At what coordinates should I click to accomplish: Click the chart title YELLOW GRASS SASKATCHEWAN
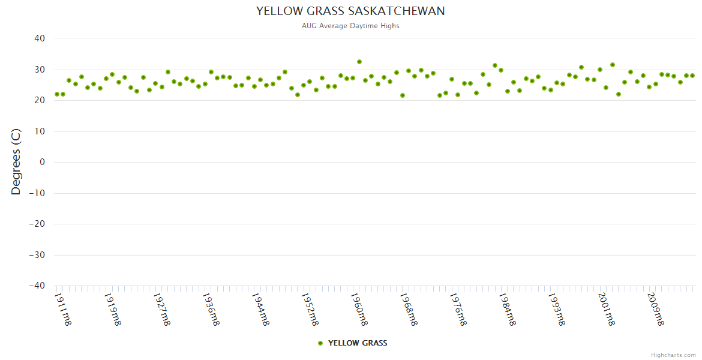click(x=350, y=11)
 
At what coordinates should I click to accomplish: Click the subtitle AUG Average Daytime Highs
click(x=350, y=26)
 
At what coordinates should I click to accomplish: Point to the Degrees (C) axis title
click(x=16, y=161)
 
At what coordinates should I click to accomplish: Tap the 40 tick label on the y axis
click(x=40, y=38)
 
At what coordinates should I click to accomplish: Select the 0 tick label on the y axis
click(x=42, y=162)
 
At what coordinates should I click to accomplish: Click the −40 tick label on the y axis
click(x=37, y=286)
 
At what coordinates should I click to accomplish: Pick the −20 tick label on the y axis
click(x=37, y=224)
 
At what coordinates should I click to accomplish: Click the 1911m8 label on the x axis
click(x=63, y=308)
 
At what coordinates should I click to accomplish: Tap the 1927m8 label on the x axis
click(x=162, y=308)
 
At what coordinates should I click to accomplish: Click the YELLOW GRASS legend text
click(x=358, y=343)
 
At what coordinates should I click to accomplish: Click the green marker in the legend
click(x=320, y=343)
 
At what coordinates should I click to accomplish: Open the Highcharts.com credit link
click(x=673, y=355)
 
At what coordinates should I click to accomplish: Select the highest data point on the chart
click(x=359, y=62)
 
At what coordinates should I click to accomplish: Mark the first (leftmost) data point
click(x=57, y=94)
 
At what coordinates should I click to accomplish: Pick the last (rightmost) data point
click(x=692, y=76)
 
